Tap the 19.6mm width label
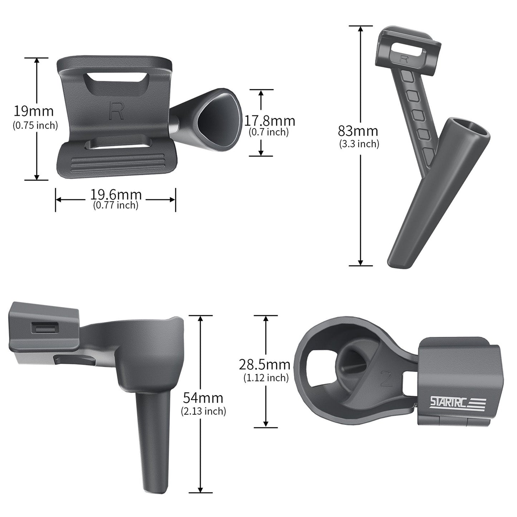point(116,195)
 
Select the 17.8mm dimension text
point(269,121)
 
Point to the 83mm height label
point(358,131)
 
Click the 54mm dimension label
point(203,397)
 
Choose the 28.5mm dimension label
point(264,365)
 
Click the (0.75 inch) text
point(35,126)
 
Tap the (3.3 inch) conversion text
point(359,144)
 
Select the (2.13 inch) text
point(204,411)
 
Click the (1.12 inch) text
point(266,377)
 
